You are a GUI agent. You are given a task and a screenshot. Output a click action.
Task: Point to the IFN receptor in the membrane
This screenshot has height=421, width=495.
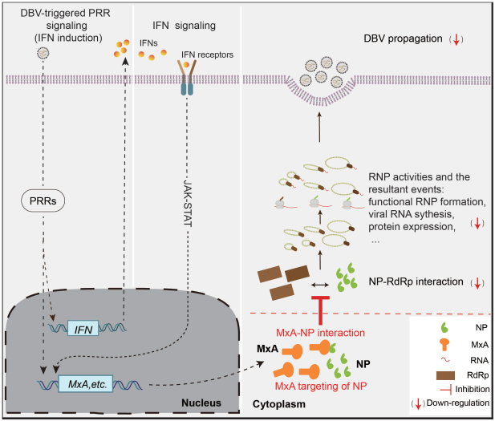[x=187, y=81]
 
